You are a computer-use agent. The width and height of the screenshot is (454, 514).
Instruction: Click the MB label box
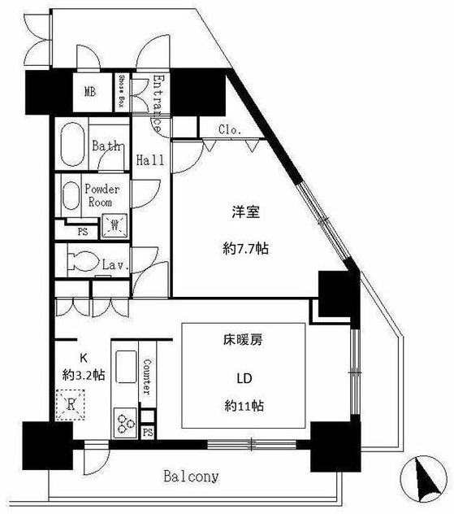click(x=89, y=92)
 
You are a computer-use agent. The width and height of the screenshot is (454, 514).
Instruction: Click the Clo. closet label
click(x=228, y=129)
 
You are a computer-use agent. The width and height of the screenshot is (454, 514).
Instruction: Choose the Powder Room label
click(x=102, y=195)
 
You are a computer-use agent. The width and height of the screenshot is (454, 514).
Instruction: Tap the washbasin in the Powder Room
click(x=72, y=196)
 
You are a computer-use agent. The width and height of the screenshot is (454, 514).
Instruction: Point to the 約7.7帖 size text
click(x=246, y=250)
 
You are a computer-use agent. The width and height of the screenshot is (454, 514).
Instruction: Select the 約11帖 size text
click(x=244, y=405)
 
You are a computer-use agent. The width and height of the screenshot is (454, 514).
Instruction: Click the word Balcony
click(x=190, y=477)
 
